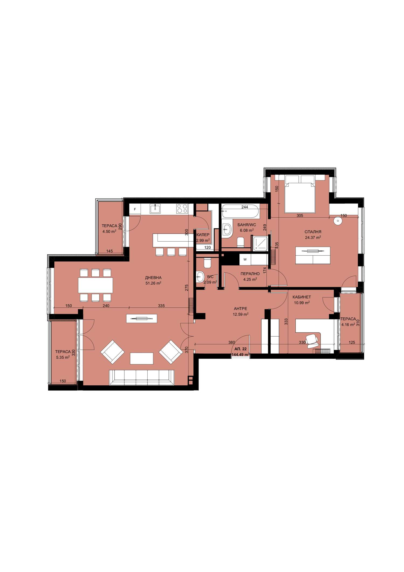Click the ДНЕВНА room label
tap(153, 278)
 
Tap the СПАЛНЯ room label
tap(313, 232)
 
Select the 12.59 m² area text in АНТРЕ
tap(241, 314)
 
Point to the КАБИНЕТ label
tap(302, 297)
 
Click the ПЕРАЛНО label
tap(250, 274)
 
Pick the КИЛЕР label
tap(203, 235)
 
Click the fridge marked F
tap(135, 209)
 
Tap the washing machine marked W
tap(245, 260)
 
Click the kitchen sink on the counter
tap(155, 208)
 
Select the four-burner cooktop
tap(182, 208)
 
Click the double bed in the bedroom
tap(300, 194)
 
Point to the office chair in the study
tap(312, 341)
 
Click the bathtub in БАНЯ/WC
tap(241, 211)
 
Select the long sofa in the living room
tap(142, 377)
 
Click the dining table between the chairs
tap(95, 285)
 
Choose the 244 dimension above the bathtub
tap(245, 207)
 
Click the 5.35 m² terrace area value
tap(63, 357)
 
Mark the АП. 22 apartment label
tap(241, 349)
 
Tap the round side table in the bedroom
tap(337, 221)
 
